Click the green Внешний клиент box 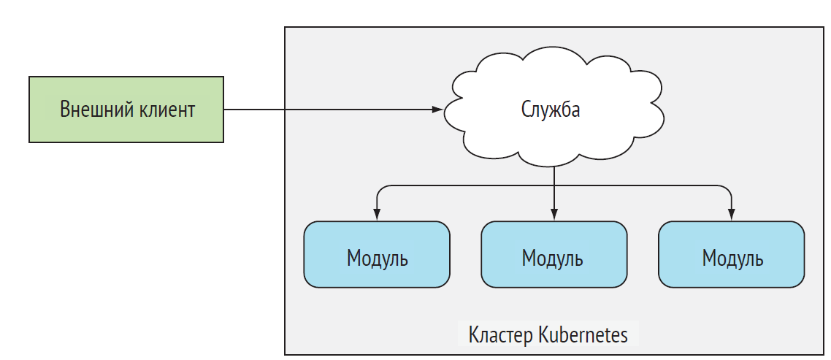coord(126,110)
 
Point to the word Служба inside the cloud coord(551,110)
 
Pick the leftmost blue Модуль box coord(377,254)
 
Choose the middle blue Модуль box coord(554,254)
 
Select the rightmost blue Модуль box coord(731,254)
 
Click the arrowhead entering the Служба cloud coord(437,110)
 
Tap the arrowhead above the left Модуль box coord(377,215)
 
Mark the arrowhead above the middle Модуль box coord(554,215)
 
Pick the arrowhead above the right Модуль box coord(732,215)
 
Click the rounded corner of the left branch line coord(379,189)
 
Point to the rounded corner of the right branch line coord(729,189)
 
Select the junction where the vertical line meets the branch coord(554,187)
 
